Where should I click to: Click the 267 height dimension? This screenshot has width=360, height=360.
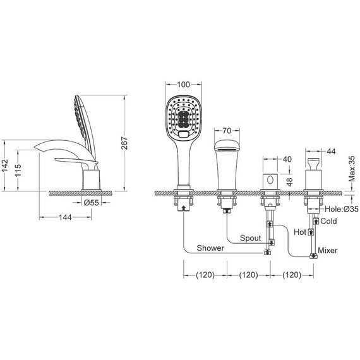(x=124, y=143)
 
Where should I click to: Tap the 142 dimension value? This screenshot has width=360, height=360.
(x=4, y=165)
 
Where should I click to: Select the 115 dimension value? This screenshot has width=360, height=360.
(x=18, y=170)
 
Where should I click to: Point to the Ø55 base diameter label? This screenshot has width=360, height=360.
(x=91, y=203)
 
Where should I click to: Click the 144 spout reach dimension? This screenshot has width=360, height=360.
(x=65, y=217)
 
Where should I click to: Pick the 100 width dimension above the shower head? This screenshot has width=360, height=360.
(x=183, y=85)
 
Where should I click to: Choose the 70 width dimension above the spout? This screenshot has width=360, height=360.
(x=227, y=131)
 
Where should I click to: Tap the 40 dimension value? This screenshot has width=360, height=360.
(x=287, y=159)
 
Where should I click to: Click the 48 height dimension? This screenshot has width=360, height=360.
(x=290, y=182)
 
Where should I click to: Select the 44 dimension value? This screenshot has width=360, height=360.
(x=331, y=152)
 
